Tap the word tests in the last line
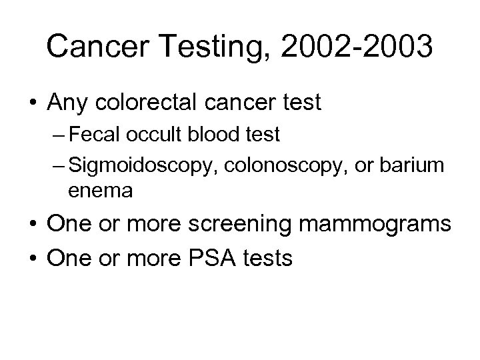click(x=269, y=257)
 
